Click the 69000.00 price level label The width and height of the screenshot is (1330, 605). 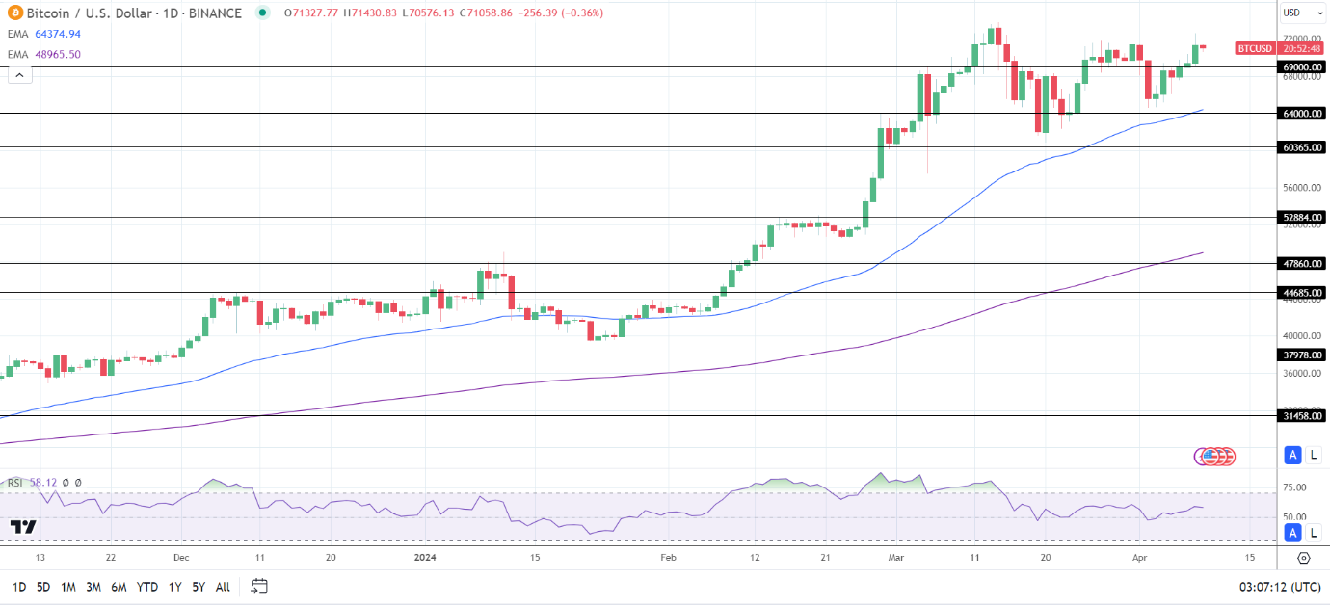pyautogui.click(x=1301, y=67)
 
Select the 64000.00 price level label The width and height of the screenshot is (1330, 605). pyautogui.click(x=1301, y=114)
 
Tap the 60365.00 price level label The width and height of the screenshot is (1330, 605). pyautogui.click(x=1301, y=147)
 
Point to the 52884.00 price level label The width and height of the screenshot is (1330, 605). pyautogui.click(x=1301, y=218)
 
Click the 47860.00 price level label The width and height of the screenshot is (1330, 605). pyautogui.click(x=1301, y=263)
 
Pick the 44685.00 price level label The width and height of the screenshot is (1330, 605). pyautogui.click(x=1301, y=292)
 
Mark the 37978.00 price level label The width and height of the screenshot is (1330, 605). pyautogui.click(x=1301, y=355)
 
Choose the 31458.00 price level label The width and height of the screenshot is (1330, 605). pyautogui.click(x=1301, y=416)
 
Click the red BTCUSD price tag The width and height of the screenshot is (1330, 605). pyautogui.click(x=1255, y=48)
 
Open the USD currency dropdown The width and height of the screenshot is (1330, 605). pyautogui.click(x=1295, y=13)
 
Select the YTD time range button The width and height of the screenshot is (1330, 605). pyautogui.click(x=147, y=587)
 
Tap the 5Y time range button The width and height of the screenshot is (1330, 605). pyautogui.click(x=198, y=587)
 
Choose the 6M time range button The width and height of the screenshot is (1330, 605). pyautogui.click(x=119, y=587)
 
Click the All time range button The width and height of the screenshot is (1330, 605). pyautogui.click(x=223, y=587)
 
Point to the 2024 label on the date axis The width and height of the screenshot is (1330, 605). pyautogui.click(x=425, y=557)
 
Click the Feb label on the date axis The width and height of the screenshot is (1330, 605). pyautogui.click(x=668, y=557)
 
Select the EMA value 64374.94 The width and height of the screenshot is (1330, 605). pyautogui.click(x=59, y=34)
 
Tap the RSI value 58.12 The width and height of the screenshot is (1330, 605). pyautogui.click(x=42, y=483)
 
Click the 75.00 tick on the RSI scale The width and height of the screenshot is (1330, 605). pyautogui.click(x=1294, y=487)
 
